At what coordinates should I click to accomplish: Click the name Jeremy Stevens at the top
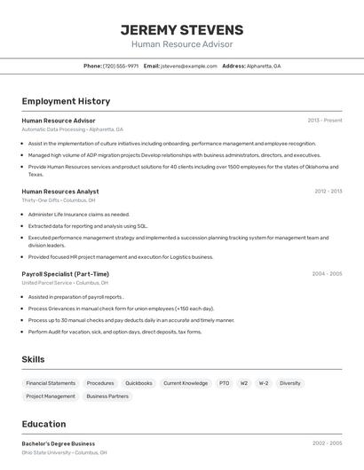pyautogui.click(x=182, y=29)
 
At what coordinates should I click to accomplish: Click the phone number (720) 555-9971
pyautogui.click(x=121, y=66)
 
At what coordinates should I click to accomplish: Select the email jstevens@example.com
pyautogui.click(x=189, y=66)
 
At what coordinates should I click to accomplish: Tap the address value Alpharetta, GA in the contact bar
pyautogui.click(x=264, y=66)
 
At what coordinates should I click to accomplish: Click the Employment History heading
pyautogui.click(x=66, y=101)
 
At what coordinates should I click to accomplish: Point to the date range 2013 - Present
pyautogui.click(x=325, y=121)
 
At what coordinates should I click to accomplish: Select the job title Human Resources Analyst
pyautogui.click(x=60, y=192)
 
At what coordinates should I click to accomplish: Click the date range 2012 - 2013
pyautogui.click(x=328, y=192)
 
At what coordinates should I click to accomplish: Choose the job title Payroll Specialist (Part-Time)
pyautogui.click(x=66, y=274)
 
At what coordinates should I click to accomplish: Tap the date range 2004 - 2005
pyautogui.click(x=327, y=274)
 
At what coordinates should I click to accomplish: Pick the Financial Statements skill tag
pyautogui.click(x=51, y=383)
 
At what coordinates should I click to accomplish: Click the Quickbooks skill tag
pyautogui.click(x=138, y=383)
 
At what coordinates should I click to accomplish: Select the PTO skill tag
pyautogui.click(x=224, y=383)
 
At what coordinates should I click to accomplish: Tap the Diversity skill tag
pyautogui.click(x=290, y=383)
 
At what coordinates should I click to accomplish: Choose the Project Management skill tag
pyautogui.click(x=51, y=396)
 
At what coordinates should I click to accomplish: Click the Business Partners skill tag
pyautogui.click(x=107, y=396)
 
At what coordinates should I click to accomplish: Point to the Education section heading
pyautogui.click(x=44, y=424)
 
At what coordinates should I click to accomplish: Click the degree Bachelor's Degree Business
pyautogui.click(x=59, y=443)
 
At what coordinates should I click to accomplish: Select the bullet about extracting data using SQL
pyautogui.click(x=88, y=226)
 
